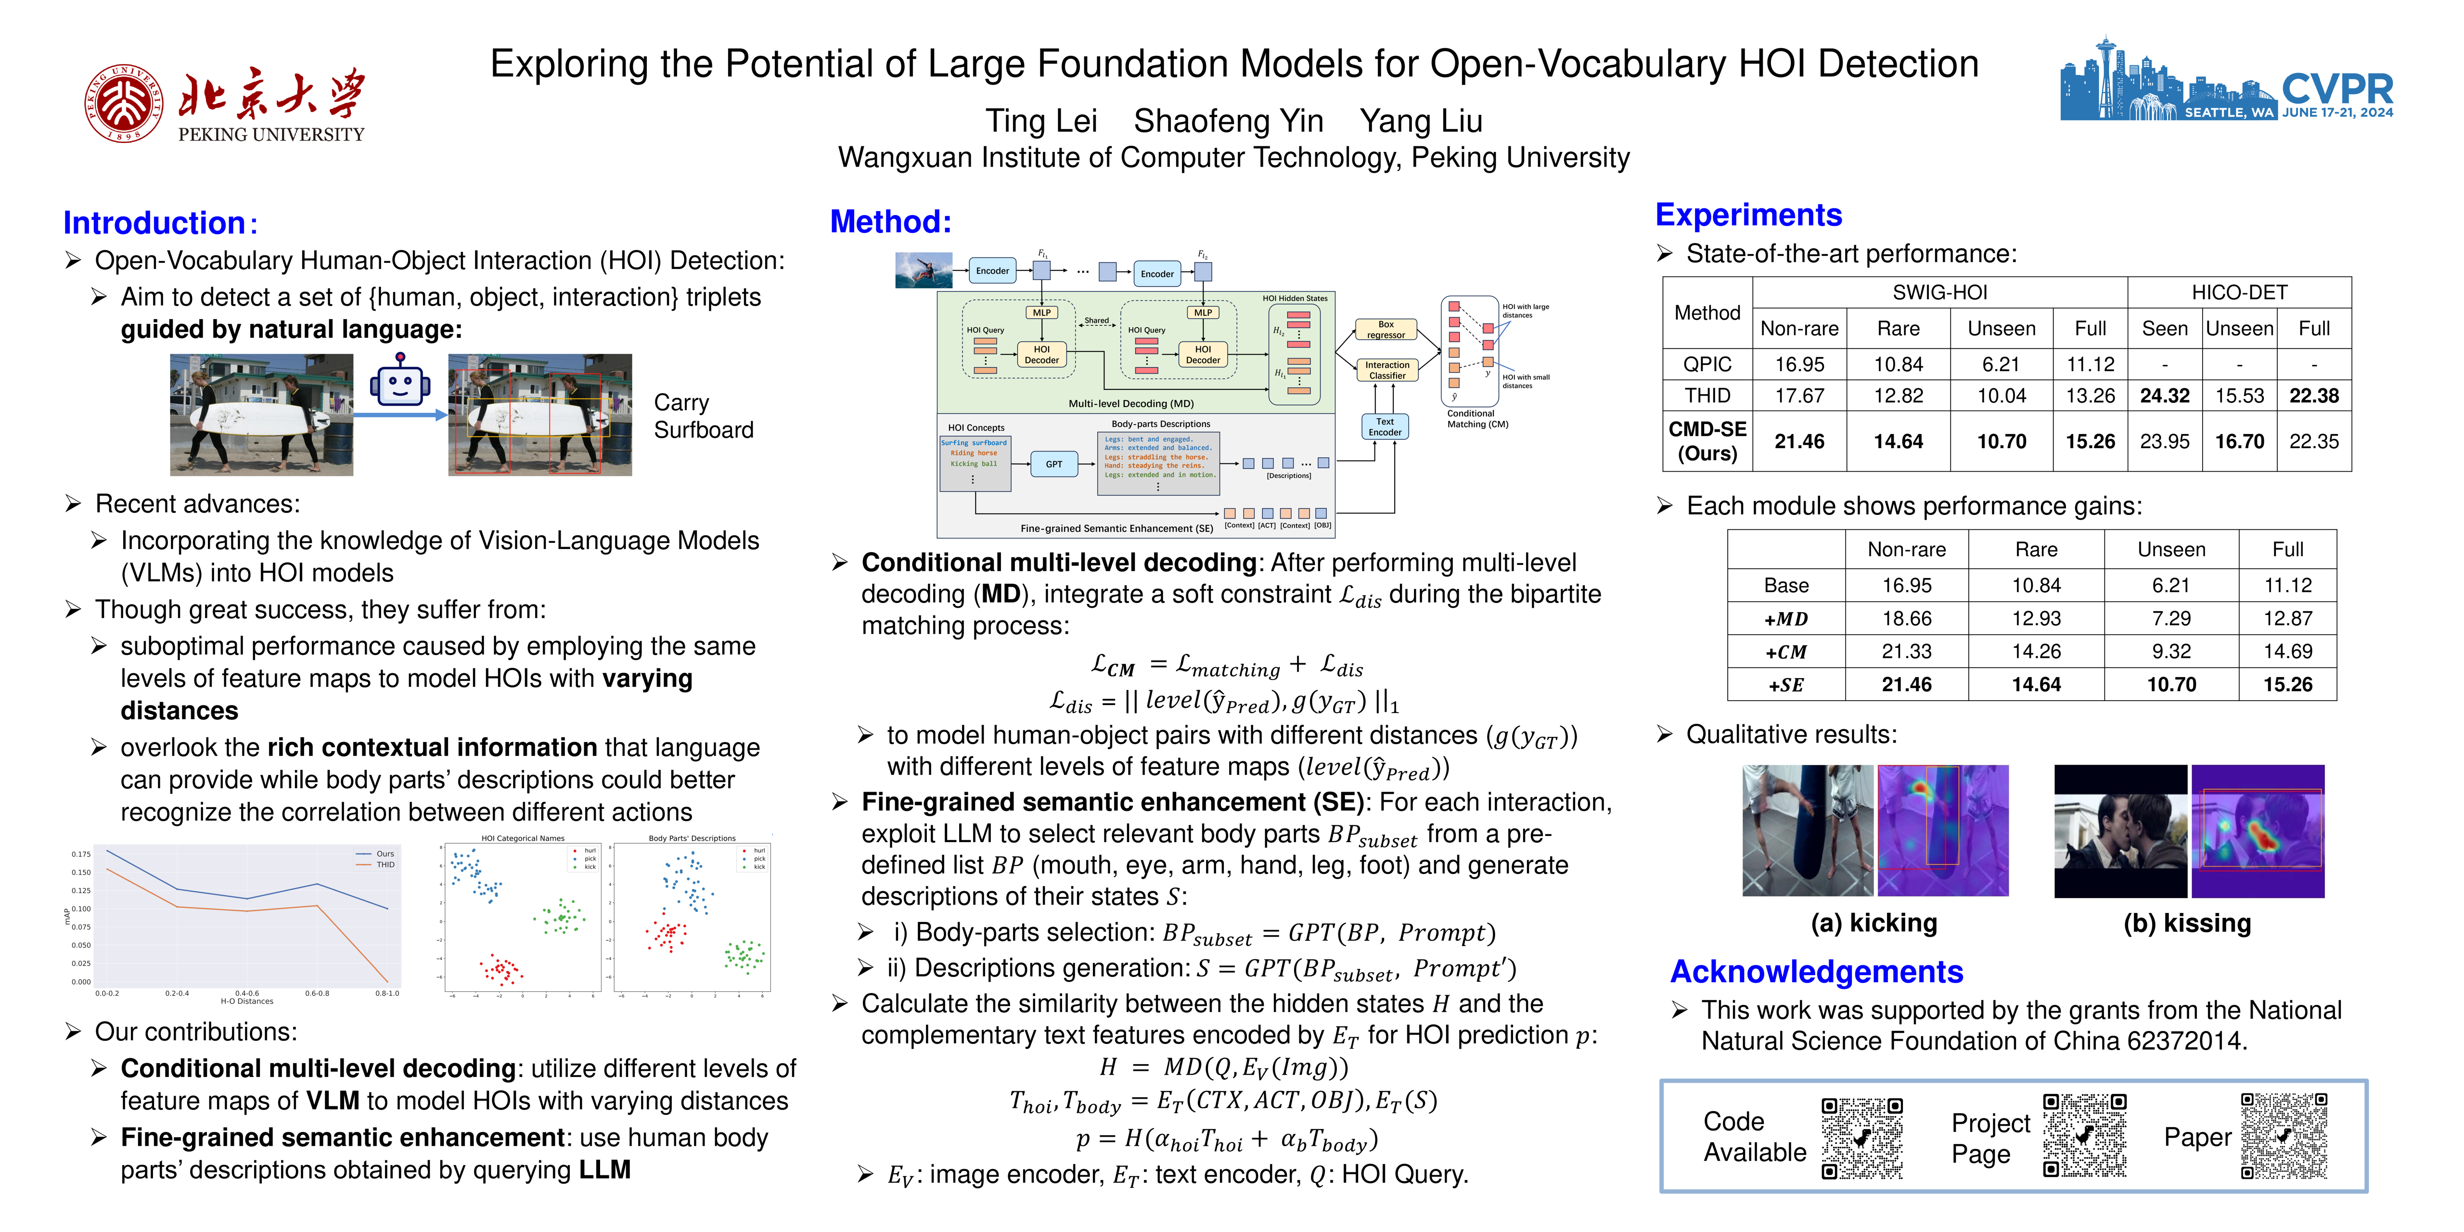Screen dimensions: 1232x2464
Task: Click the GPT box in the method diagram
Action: point(1053,464)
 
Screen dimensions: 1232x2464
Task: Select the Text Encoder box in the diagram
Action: point(1384,426)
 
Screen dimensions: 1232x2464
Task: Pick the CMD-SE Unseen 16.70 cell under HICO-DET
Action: point(2239,441)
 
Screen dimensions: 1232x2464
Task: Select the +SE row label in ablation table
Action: point(1786,685)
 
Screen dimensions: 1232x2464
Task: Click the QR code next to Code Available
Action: point(1861,1137)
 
